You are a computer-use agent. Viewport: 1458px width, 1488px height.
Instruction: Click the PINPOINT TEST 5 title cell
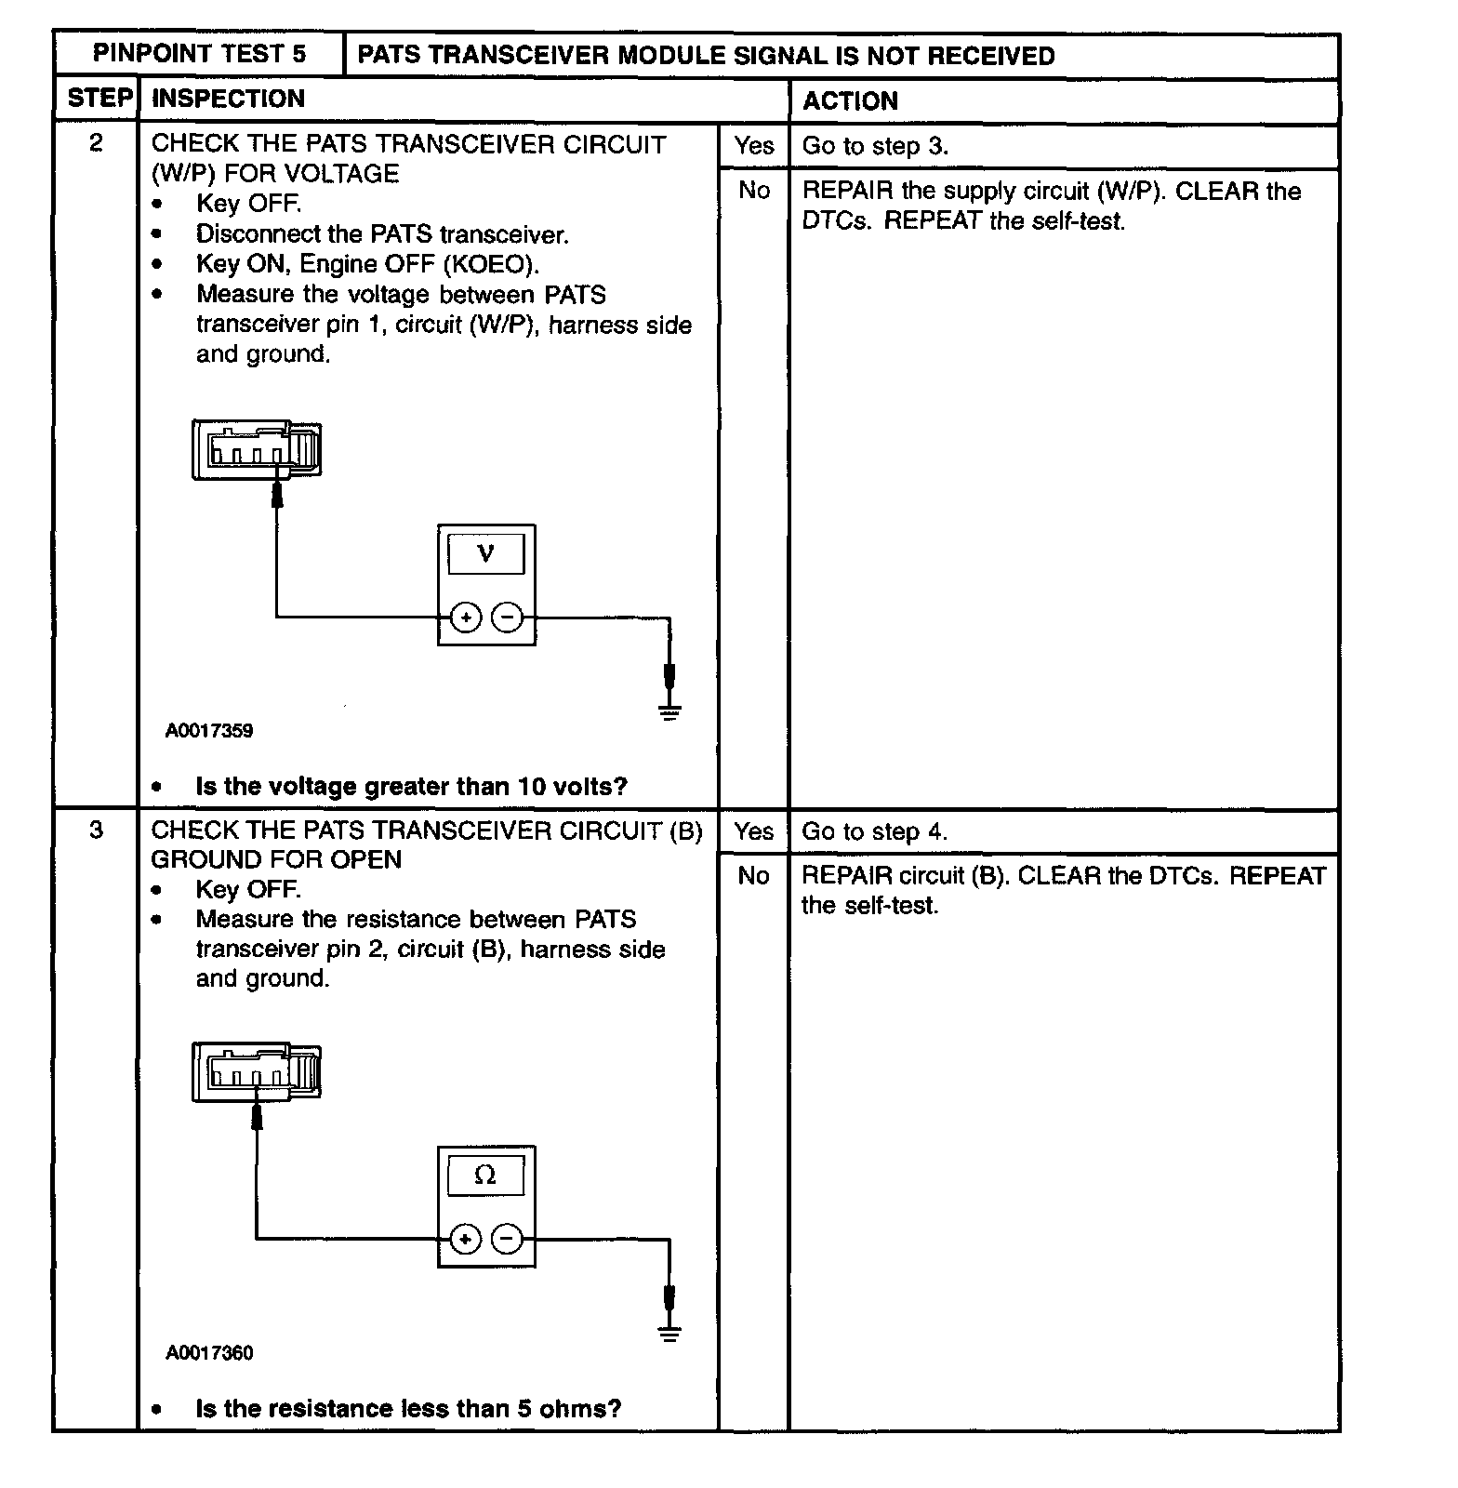(x=199, y=54)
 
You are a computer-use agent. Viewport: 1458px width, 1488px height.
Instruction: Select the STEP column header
(x=99, y=99)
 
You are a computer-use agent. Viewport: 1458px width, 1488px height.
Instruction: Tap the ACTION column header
(x=850, y=100)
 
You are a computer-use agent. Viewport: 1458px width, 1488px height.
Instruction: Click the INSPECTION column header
(x=228, y=99)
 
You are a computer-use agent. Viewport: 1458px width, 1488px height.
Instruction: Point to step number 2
(x=96, y=143)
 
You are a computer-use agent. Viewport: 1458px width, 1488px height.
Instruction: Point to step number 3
(x=96, y=830)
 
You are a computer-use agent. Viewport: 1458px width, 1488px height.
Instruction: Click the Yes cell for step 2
(x=753, y=146)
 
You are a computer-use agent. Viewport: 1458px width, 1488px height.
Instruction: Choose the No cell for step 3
(x=753, y=876)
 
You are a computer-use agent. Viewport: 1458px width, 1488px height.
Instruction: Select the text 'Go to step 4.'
(x=874, y=831)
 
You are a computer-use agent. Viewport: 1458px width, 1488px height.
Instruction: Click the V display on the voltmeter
(x=485, y=554)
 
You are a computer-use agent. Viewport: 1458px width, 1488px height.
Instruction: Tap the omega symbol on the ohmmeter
(x=485, y=1176)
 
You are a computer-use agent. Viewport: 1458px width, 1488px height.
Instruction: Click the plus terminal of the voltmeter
(x=466, y=618)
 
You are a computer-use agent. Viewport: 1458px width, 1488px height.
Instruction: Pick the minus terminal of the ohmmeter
(x=507, y=1239)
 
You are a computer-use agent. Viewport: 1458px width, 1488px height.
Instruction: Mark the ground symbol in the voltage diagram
(x=669, y=711)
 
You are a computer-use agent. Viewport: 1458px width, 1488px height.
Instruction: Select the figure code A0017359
(x=209, y=731)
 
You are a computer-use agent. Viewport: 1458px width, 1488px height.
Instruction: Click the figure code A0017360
(x=209, y=1353)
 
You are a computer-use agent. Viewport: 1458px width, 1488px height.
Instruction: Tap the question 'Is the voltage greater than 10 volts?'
(x=411, y=787)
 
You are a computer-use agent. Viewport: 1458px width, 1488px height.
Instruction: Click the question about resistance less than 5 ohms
(x=408, y=1409)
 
